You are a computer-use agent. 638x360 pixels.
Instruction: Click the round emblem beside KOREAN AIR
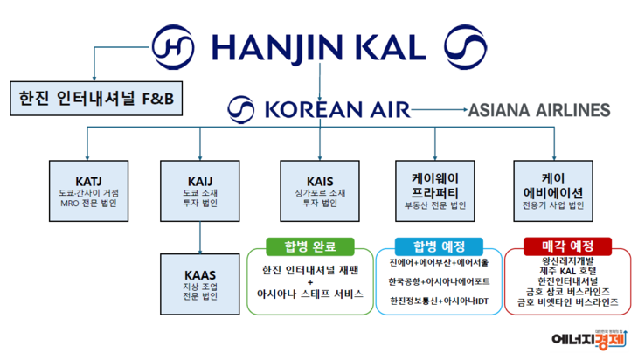click(242, 109)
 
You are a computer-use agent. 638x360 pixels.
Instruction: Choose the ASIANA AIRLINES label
click(538, 110)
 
